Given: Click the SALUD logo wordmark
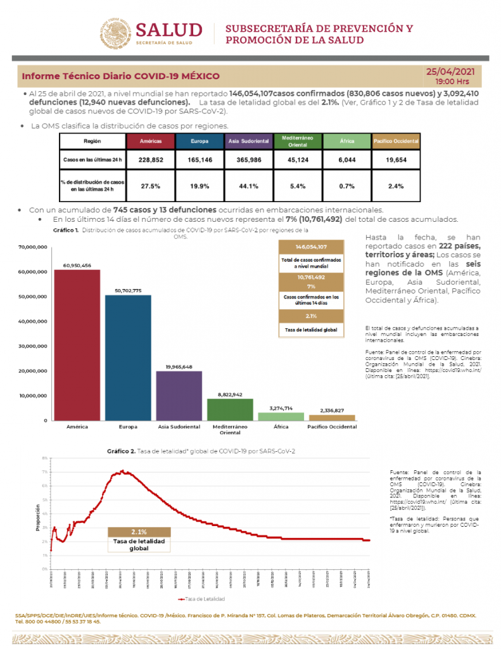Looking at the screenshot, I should click(x=168, y=30).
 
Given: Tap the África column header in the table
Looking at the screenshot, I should click(x=346, y=141).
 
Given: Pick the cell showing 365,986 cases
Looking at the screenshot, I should click(x=249, y=160).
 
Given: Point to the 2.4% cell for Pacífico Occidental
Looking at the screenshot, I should click(x=396, y=186).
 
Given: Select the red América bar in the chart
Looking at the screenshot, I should click(x=77, y=345).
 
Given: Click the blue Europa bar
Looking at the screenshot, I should click(x=128, y=357).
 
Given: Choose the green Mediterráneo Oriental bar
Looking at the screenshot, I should click(x=230, y=409).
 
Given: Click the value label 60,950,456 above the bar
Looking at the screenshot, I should click(x=77, y=265).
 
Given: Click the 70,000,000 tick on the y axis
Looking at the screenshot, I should click(x=33, y=247).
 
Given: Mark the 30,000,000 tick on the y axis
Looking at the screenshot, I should click(x=33, y=346).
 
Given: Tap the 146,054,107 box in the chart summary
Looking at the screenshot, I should click(x=311, y=247).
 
